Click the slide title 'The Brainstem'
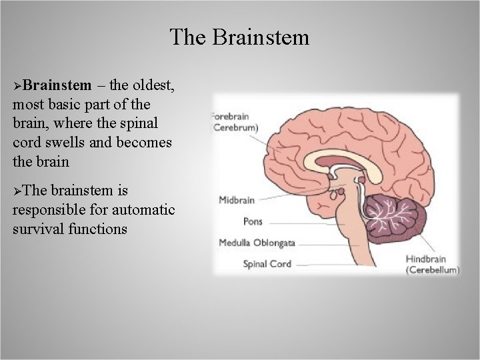[239, 37]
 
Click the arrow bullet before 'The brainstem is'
[17, 191]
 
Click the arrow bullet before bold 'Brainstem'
[17, 85]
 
